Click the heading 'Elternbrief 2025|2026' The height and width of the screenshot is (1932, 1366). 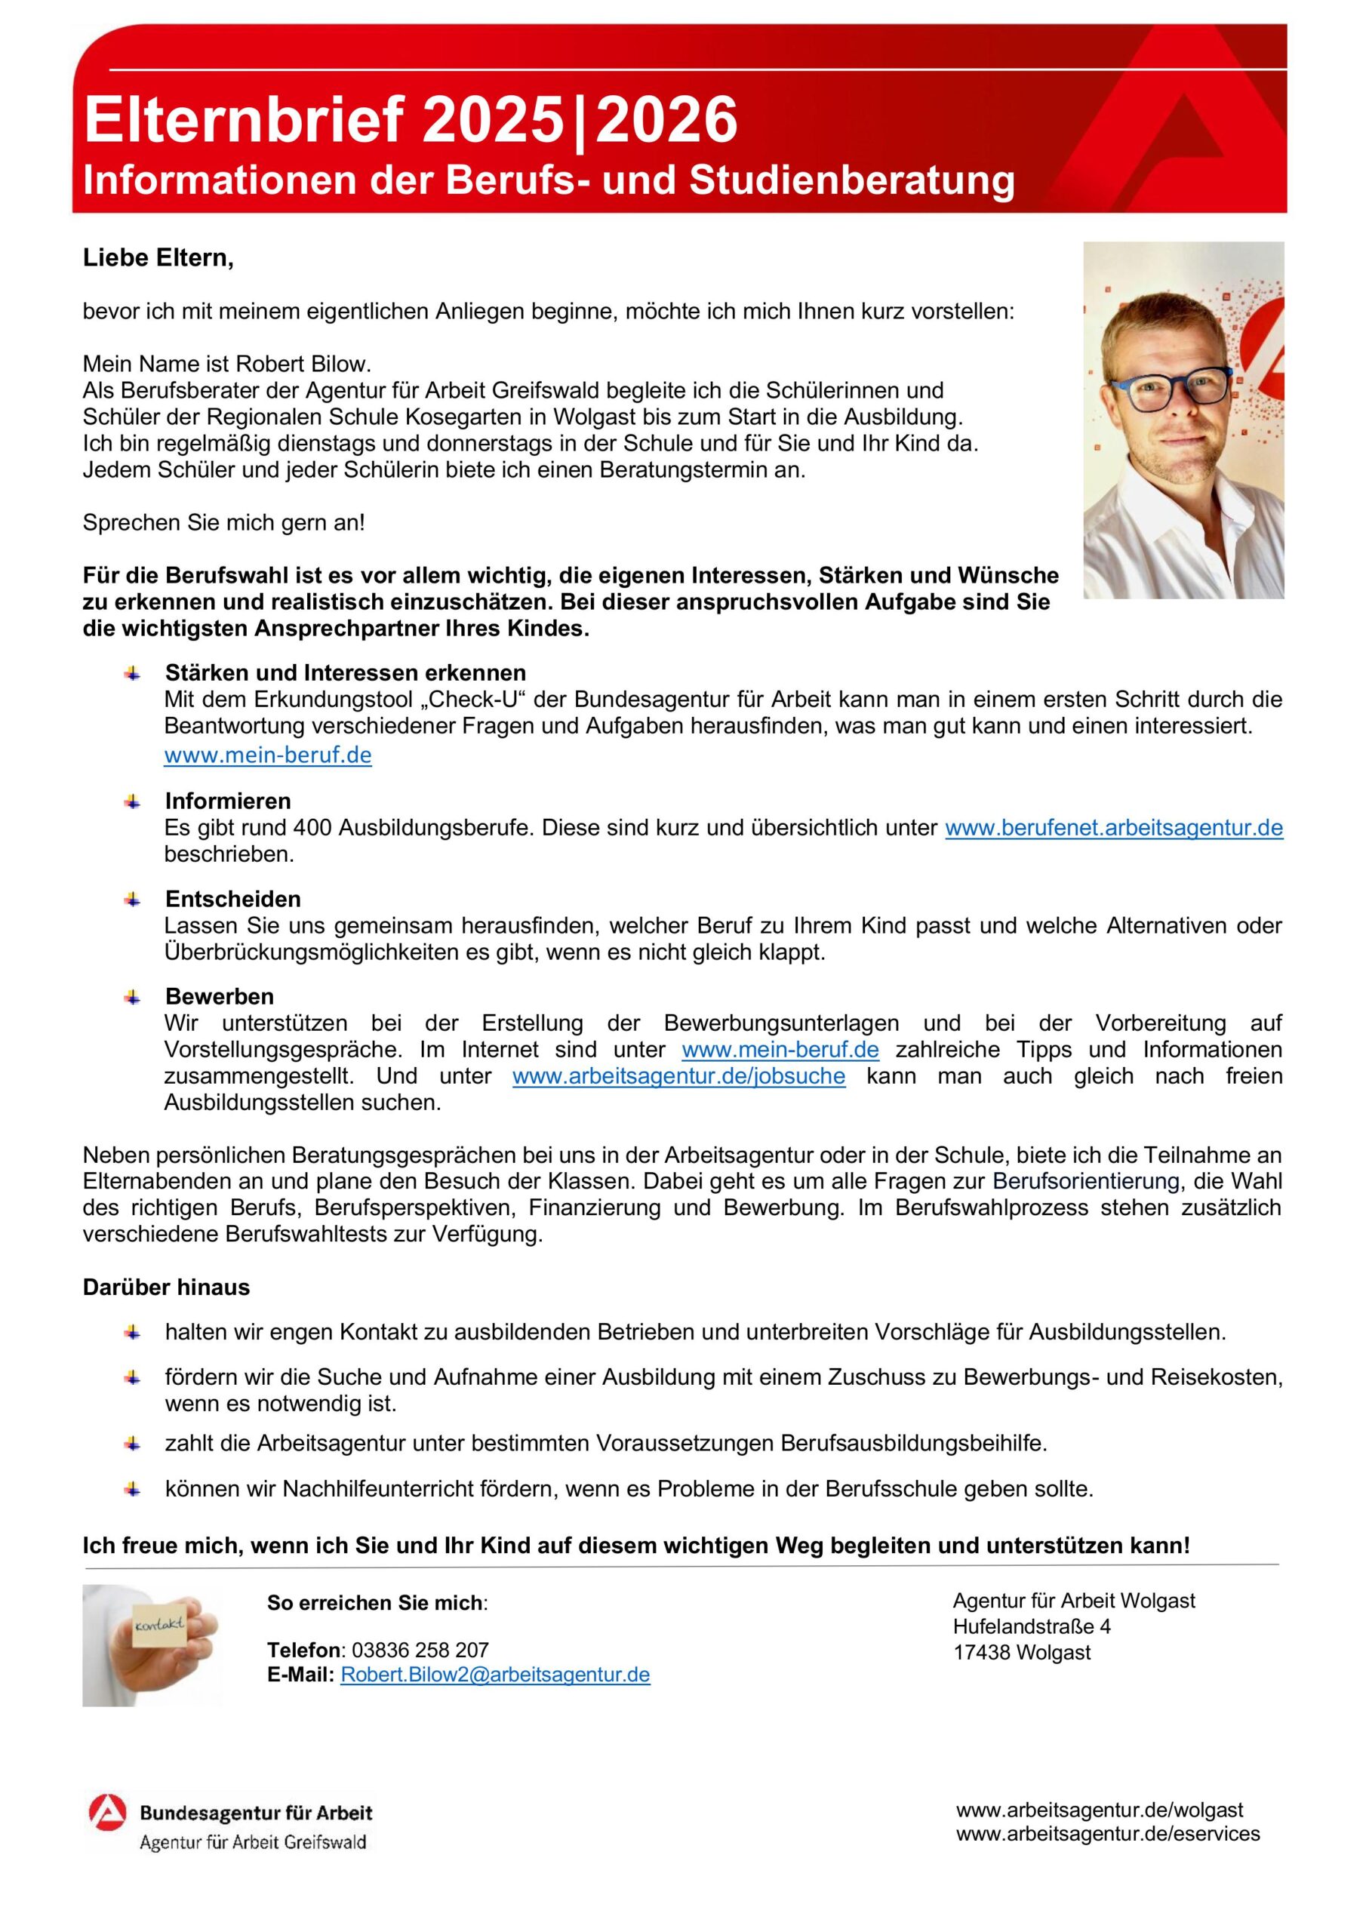(411, 119)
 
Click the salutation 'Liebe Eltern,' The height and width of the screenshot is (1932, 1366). (158, 257)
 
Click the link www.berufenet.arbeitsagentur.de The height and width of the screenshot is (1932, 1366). (1113, 828)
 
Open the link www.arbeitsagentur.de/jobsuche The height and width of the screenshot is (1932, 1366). (678, 1076)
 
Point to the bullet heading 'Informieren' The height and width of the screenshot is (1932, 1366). (228, 801)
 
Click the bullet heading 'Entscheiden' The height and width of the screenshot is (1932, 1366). (233, 899)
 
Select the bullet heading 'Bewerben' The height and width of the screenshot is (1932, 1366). (220, 996)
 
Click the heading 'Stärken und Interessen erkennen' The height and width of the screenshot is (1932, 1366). (345, 673)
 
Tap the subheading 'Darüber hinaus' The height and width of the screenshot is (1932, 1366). (167, 1287)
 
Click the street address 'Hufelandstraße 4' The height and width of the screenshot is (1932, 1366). (1031, 1626)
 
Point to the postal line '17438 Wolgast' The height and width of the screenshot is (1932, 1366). (1021, 1653)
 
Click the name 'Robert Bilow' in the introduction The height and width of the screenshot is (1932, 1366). (302, 364)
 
